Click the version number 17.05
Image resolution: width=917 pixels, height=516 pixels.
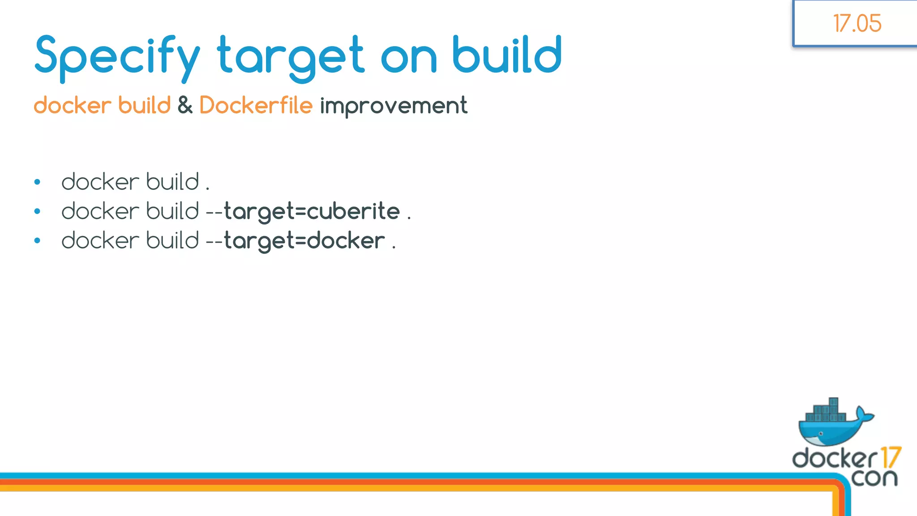857,23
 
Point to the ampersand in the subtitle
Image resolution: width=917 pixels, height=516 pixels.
184,105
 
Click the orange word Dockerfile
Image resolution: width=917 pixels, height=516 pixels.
256,105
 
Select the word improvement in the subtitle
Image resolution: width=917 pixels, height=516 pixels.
393,106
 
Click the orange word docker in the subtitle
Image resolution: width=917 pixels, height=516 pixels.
72,105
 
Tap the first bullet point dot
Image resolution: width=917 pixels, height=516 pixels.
37,182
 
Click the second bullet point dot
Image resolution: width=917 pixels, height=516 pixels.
37,211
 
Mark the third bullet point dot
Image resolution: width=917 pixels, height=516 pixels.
37,241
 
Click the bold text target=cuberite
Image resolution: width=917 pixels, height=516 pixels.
312,211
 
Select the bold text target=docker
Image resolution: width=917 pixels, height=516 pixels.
304,241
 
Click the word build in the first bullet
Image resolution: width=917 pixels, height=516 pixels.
172,182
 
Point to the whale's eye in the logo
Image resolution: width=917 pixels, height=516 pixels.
821,434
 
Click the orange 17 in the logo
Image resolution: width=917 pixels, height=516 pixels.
890,458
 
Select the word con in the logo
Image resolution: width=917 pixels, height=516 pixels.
874,477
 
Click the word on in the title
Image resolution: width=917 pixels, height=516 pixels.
408,57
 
